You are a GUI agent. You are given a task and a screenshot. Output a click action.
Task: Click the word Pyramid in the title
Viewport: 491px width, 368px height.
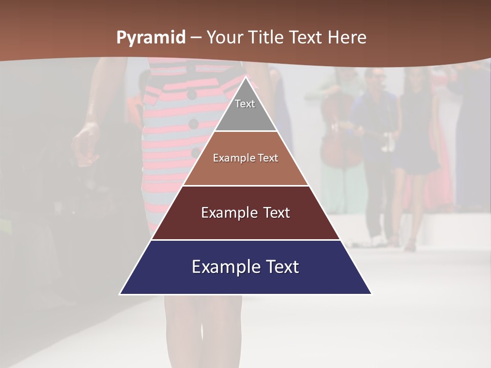pyautogui.click(x=150, y=38)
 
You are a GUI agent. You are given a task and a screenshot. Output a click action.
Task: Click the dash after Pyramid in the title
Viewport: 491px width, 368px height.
pyautogui.click(x=196, y=38)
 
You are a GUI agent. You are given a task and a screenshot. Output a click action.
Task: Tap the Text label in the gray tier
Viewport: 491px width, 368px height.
pyautogui.click(x=245, y=104)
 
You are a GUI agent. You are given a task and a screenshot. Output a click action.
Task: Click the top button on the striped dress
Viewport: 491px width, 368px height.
pyautogui.click(x=191, y=95)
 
